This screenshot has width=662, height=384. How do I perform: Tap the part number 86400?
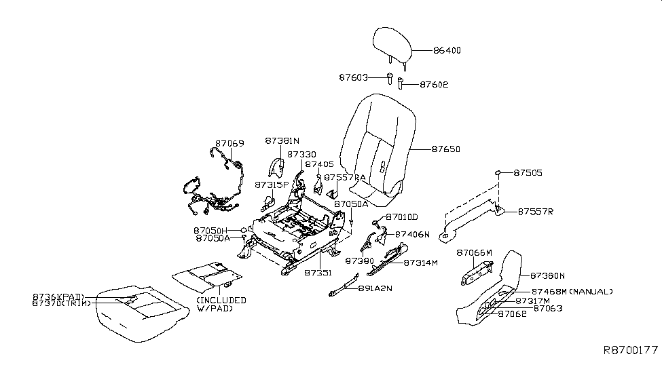[x=447, y=50]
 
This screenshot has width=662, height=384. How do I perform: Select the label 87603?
[x=353, y=78]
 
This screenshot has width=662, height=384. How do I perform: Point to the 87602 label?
[x=434, y=85]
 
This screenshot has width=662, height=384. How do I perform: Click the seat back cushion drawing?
[x=376, y=146]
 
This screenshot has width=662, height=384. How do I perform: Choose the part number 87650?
[x=445, y=149]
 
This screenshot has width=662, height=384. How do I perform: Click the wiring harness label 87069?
[x=229, y=144]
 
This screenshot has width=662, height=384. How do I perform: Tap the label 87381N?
[x=282, y=141]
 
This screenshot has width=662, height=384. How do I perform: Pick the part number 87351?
[x=318, y=273]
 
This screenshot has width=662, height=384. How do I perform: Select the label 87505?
[x=528, y=173]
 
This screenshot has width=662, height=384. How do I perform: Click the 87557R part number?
[x=536, y=212]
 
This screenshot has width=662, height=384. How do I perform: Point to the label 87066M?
[x=474, y=252]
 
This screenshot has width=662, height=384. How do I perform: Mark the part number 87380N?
[x=547, y=275]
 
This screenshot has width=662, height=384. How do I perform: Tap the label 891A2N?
[x=374, y=288]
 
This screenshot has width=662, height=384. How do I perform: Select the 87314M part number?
[x=421, y=262]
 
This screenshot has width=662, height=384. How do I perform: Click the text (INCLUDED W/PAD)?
[x=221, y=305]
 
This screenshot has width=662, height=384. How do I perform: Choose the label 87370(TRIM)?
[x=57, y=304]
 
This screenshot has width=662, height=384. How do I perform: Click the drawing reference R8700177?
[x=631, y=350]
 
